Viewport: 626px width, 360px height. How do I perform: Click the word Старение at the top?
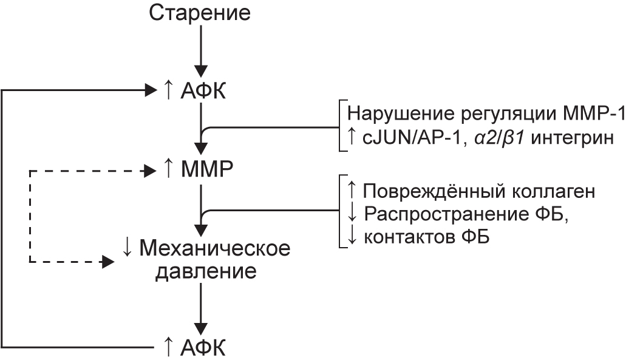[x=200, y=13]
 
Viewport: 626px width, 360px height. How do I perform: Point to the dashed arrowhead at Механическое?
[x=108, y=262]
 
